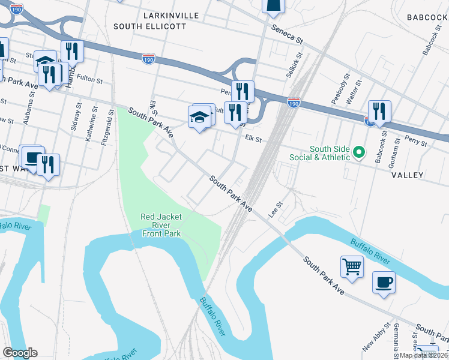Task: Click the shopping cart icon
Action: (x=352, y=266)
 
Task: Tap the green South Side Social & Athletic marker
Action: (x=358, y=152)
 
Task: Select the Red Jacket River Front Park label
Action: (x=161, y=225)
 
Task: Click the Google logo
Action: (x=20, y=352)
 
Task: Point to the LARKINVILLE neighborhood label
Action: (x=171, y=14)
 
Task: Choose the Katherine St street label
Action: (x=90, y=127)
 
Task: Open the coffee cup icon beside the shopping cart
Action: (x=384, y=281)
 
